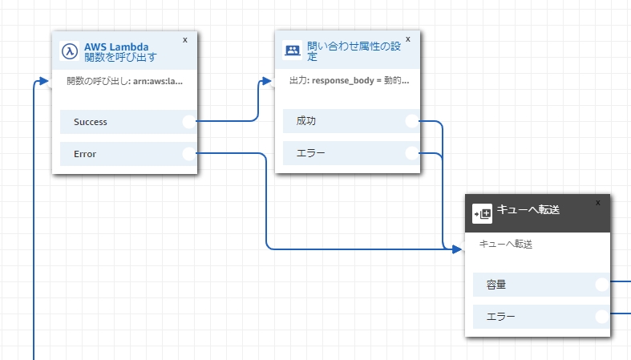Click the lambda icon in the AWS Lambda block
(x=71, y=51)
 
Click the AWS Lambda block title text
(x=120, y=51)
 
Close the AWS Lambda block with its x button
(x=185, y=38)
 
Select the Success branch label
(x=91, y=122)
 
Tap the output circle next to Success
(x=189, y=122)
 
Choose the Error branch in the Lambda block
(x=85, y=154)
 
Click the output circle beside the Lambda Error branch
(x=189, y=154)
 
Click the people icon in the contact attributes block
(x=293, y=51)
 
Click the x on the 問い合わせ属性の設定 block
(x=408, y=38)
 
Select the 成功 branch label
(x=306, y=121)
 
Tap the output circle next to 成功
(x=412, y=121)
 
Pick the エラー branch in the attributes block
(x=310, y=153)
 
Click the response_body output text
(x=349, y=81)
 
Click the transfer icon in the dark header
(x=483, y=213)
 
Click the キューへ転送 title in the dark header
(x=528, y=210)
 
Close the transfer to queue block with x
(x=597, y=203)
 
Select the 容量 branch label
(x=495, y=285)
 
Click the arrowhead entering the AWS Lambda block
(x=44, y=81)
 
